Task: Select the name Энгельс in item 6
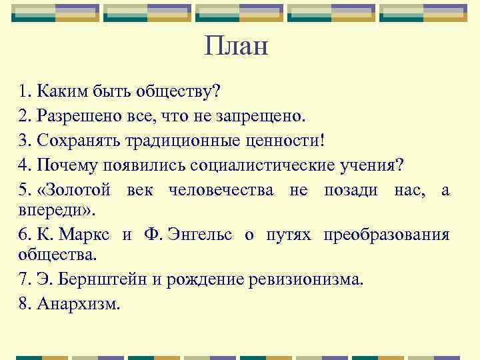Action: tap(199, 235)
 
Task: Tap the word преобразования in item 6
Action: tap(387, 235)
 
